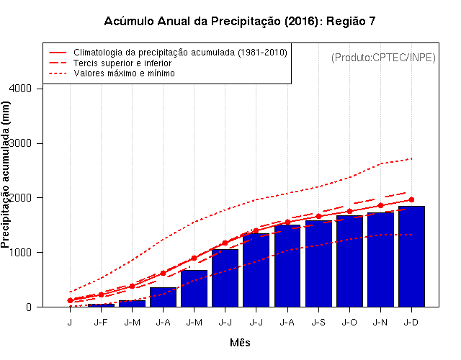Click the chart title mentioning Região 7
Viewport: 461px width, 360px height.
tap(240, 21)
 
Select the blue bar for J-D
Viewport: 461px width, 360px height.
tap(411, 256)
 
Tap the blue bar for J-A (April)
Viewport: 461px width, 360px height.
tap(163, 297)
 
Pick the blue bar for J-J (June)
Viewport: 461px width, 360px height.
tap(225, 278)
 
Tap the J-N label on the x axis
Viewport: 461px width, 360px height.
tap(380, 322)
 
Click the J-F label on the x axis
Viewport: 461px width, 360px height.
tap(101, 322)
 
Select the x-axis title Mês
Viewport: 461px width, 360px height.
tap(240, 343)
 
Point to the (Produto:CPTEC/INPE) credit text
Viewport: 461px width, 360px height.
tap(383, 58)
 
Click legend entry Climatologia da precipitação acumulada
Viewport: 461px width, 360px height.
tap(180, 53)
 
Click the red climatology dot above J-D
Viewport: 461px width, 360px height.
tap(411, 199)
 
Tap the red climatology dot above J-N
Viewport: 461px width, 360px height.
tap(380, 205)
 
